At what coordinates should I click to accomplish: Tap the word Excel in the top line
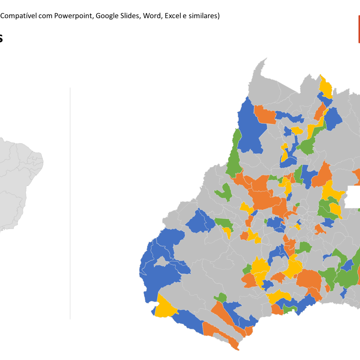pyautogui.click(x=172, y=16)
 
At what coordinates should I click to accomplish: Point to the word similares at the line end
pyautogui.click(x=204, y=16)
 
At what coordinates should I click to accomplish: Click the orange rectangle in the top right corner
pyautogui.click(x=359, y=29)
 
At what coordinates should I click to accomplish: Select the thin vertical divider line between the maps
pyautogui.click(x=70, y=204)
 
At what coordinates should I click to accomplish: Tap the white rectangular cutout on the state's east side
pyautogui.click(x=353, y=197)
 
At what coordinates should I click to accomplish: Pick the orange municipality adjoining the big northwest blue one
pyautogui.click(x=265, y=114)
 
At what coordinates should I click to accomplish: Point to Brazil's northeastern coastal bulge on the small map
pyautogui.click(x=37, y=159)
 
